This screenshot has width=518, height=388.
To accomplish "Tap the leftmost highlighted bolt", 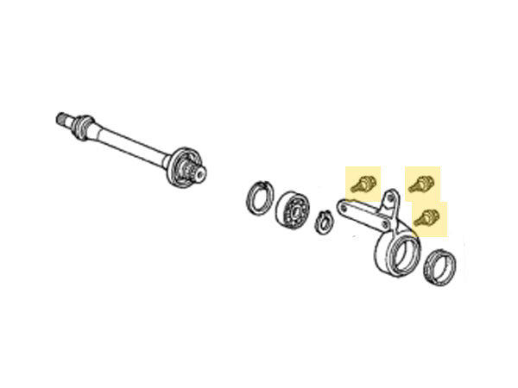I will pos(363,182).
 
